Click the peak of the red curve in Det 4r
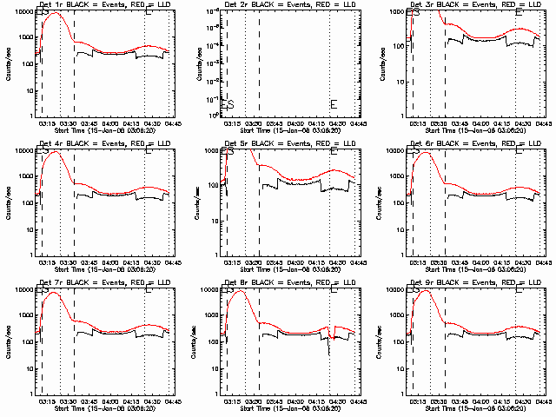[56, 152]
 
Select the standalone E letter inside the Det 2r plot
[334, 104]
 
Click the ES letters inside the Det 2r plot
[228, 104]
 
